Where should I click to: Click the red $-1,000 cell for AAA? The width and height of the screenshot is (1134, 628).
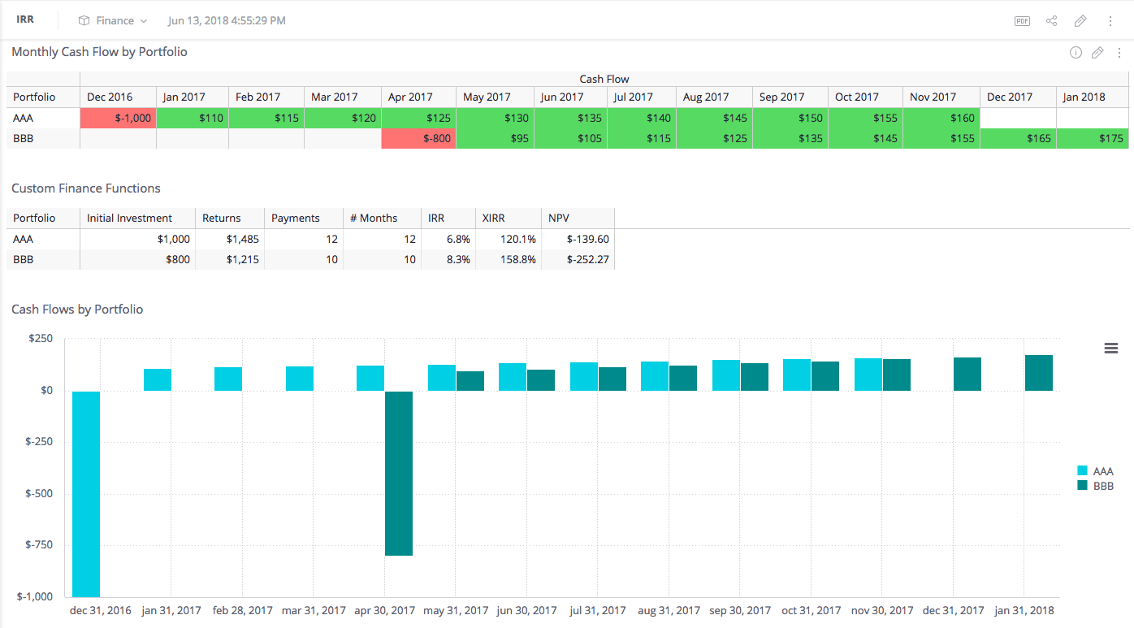[x=118, y=118]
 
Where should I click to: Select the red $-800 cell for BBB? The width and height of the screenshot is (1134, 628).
[x=418, y=138]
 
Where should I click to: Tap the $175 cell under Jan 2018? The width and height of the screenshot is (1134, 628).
[x=1092, y=138]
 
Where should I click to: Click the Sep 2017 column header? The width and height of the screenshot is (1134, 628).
[x=781, y=97]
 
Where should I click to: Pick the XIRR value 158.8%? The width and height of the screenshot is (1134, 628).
[x=518, y=259]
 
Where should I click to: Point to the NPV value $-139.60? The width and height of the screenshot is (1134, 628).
[x=588, y=239]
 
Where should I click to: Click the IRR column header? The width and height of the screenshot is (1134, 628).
[x=436, y=218]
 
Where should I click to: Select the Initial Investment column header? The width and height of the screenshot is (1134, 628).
[x=129, y=218]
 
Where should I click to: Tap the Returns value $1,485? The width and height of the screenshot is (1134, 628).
[x=243, y=239]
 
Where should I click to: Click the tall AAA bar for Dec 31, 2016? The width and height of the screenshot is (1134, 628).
[x=86, y=493]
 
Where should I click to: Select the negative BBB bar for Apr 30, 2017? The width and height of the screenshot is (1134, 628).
[x=399, y=473]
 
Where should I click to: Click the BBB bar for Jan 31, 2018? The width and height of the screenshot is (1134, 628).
[x=1039, y=373]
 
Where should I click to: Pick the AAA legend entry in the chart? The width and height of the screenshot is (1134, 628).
[x=1096, y=471]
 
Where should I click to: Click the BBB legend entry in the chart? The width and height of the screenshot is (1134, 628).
[x=1096, y=486]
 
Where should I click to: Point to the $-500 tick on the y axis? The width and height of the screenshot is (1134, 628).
[x=39, y=493]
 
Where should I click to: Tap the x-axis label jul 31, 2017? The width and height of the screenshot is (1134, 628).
[x=597, y=610]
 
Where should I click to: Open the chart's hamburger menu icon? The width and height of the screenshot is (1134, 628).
[x=1110, y=348]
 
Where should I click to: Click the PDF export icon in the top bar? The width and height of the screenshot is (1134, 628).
[x=1022, y=21]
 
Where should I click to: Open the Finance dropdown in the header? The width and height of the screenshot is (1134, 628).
[x=113, y=21]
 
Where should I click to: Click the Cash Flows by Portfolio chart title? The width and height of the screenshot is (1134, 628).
[x=77, y=309]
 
